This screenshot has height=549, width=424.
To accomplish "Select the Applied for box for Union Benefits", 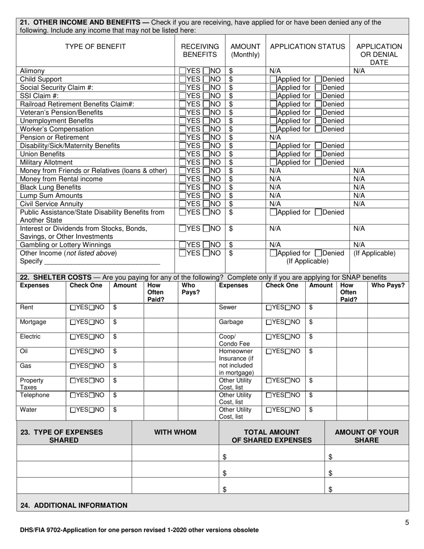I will pos(273,154).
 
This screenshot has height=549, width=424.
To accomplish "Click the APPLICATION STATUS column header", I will pos(308,46).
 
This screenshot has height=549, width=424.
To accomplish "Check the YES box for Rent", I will pos(73,308).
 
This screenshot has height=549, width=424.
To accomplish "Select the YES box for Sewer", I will pos(269,308).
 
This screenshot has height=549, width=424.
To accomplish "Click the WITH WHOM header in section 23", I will pos(175,432).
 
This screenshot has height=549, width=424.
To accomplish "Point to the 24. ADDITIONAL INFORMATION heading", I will pos(74,505).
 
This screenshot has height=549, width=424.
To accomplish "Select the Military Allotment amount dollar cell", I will pos(245,162).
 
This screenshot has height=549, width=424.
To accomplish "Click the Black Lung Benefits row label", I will pos(50,187).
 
